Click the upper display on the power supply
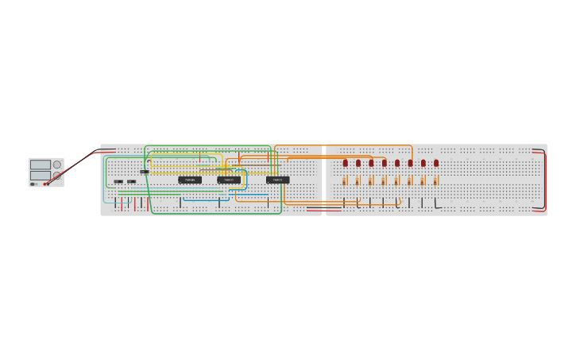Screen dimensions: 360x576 click(x=40, y=165)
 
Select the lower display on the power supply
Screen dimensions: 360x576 click(x=40, y=175)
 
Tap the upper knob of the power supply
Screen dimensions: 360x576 click(x=57, y=165)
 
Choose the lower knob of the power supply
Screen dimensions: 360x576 click(x=57, y=175)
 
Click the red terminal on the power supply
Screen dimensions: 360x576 click(x=46, y=184)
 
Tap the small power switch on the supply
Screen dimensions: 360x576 click(x=33, y=184)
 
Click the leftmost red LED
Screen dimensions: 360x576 click(x=345, y=163)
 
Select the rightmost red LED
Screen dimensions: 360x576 click(x=436, y=163)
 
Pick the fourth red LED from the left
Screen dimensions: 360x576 click(x=385, y=163)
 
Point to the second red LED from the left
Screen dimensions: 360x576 click(x=358, y=163)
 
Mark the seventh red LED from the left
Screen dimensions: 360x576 click(x=423, y=163)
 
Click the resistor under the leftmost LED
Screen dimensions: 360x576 click(x=345, y=181)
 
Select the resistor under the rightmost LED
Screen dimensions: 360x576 click(x=435, y=181)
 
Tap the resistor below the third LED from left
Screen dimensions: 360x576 click(x=371, y=181)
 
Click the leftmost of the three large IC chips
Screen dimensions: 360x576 click(x=190, y=180)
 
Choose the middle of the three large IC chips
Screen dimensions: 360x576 click(x=229, y=180)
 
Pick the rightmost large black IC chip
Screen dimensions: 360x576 click(x=277, y=180)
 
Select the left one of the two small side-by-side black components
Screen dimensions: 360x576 click(x=118, y=181)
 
